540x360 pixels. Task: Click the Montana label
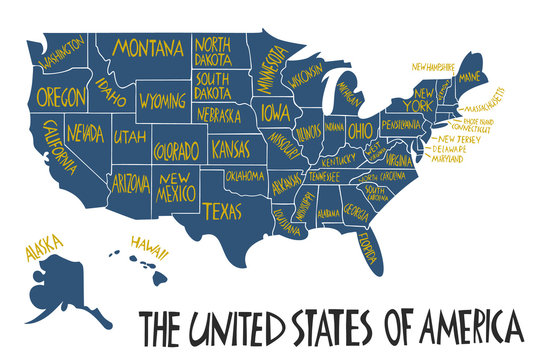click(148, 47)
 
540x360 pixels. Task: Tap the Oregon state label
click(60, 96)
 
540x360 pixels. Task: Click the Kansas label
click(237, 150)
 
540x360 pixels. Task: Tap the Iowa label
click(271, 112)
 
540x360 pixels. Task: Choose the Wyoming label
click(162, 102)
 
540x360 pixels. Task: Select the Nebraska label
click(218, 115)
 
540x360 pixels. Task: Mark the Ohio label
click(360, 130)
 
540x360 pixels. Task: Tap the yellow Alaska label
click(44, 245)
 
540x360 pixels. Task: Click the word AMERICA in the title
click(466, 327)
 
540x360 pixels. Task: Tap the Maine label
click(469, 77)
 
